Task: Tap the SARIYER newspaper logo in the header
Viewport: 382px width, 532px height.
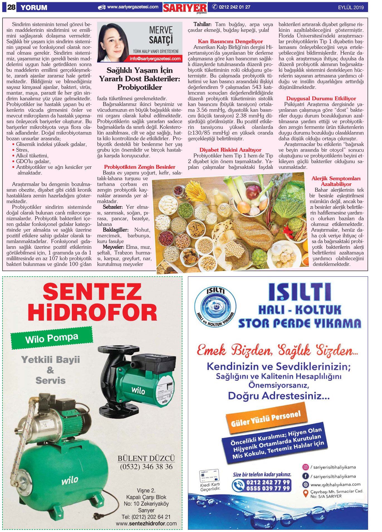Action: pyautogui.click(x=185, y=8)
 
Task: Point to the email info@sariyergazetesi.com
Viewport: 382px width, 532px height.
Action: pyautogui.click(x=155, y=59)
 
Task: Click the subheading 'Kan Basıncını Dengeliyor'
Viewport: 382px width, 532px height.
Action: pyautogui.click(x=230, y=42)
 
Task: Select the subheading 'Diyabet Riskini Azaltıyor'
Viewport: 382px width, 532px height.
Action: pyautogui.click(x=230, y=150)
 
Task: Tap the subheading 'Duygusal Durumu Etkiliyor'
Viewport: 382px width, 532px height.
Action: pyautogui.click(x=321, y=99)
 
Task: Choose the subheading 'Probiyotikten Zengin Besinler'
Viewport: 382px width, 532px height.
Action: pyautogui.click(x=139, y=167)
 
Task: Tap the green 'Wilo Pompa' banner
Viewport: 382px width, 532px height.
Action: pyautogui.click(x=52, y=338)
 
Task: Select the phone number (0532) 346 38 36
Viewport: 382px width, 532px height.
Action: pyautogui.click(x=146, y=467)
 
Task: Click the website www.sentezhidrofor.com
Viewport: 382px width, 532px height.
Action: pyautogui.click(x=146, y=523)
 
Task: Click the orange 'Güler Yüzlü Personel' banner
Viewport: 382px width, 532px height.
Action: pyautogui.click(x=266, y=418)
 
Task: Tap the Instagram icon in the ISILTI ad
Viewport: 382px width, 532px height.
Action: pyautogui.click(x=305, y=467)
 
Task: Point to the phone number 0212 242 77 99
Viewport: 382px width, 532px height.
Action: pyautogui.click(x=268, y=482)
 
